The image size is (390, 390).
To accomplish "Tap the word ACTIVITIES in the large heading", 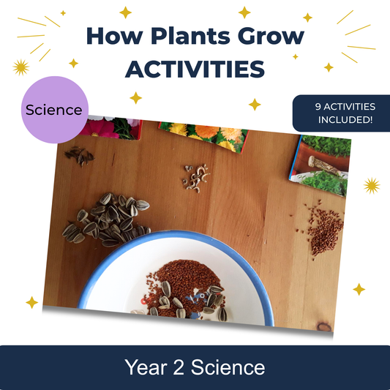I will pyautogui.click(x=194, y=70).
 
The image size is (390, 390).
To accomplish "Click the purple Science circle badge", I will pyautogui.click(x=53, y=110).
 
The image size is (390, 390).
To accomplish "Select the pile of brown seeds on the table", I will pyautogui.click(x=323, y=228).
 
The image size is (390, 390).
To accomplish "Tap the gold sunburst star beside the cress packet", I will pyautogui.click(x=372, y=186).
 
